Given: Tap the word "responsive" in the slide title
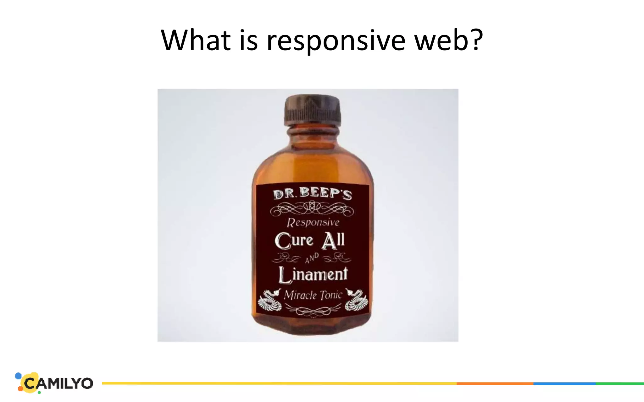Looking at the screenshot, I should point(336,41).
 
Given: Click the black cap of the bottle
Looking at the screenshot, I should point(313,110).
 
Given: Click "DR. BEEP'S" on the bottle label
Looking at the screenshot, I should point(312,193).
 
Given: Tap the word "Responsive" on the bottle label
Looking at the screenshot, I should point(313,222).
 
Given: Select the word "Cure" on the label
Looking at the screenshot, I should point(294,241).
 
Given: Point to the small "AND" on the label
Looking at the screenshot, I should point(312,258).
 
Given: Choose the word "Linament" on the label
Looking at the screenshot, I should point(313,274).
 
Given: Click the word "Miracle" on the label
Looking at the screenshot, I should point(300,295).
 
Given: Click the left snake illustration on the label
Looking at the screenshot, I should point(270,300).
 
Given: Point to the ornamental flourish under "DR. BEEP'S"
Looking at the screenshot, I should point(312,209).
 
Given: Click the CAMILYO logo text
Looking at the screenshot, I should point(58,383).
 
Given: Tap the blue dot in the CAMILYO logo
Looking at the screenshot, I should point(19,376).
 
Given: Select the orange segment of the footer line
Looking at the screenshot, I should point(495,383).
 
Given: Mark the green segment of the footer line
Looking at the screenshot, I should point(619,383).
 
